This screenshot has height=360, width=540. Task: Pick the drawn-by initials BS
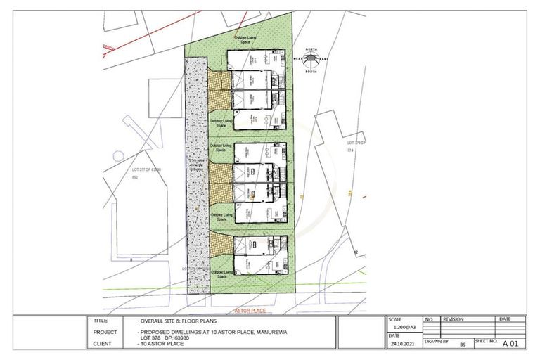pyautogui.click(x=463, y=345)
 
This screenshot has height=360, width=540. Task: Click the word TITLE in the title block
pyautogui.click(x=100, y=320)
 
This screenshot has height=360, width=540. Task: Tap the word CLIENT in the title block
pyautogui.click(x=102, y=345)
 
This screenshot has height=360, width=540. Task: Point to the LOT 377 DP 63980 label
pyautogui.click(x=145, y=170)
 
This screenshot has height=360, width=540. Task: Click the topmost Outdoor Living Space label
pyautogui.click(x=246, y=39)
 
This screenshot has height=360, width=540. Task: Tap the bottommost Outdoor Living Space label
pyautogui.click(x=220, y=275)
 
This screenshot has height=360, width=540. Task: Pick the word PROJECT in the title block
pyautogui.click(x=105, y=332)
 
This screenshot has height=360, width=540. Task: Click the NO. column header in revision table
pyautogui.click(x=432, y=319)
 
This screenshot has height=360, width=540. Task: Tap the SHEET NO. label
pyautogui.click(x=485, y=340)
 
